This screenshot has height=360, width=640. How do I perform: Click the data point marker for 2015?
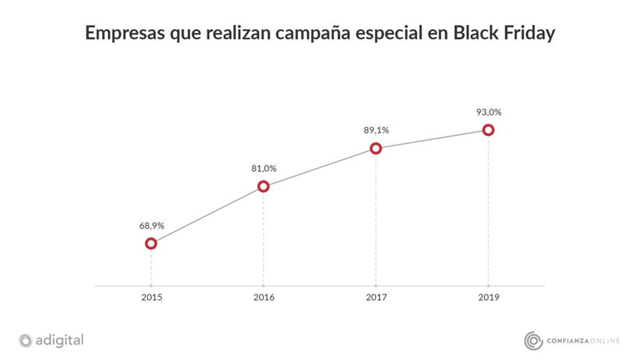coord(151,243)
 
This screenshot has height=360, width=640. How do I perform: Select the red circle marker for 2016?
coord(263,186)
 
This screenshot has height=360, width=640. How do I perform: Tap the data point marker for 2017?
coord(376,148)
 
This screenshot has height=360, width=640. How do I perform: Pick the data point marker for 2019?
coord(488,130)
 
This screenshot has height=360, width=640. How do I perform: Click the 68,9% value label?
coord(152,226)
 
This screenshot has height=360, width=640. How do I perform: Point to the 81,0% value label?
coord(264,168)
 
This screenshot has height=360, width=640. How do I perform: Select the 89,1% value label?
coord(376,130)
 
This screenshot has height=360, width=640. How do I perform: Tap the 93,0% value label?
coord(488,112)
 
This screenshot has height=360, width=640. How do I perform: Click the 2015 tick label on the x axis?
coord(152,297)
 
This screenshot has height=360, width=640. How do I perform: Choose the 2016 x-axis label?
coord(264,297)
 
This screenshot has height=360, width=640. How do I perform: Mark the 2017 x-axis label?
coord(376,297)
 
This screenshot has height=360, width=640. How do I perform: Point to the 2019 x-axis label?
coord(488,297)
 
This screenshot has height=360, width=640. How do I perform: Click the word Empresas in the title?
coord(125,33)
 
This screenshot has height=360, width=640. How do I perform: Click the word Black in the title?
coord(476,33)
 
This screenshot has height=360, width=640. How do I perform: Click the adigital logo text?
coord(60,340)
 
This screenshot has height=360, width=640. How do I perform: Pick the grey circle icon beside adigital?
coord(25,341)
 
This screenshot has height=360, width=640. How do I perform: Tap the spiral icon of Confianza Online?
coord(533,341)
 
